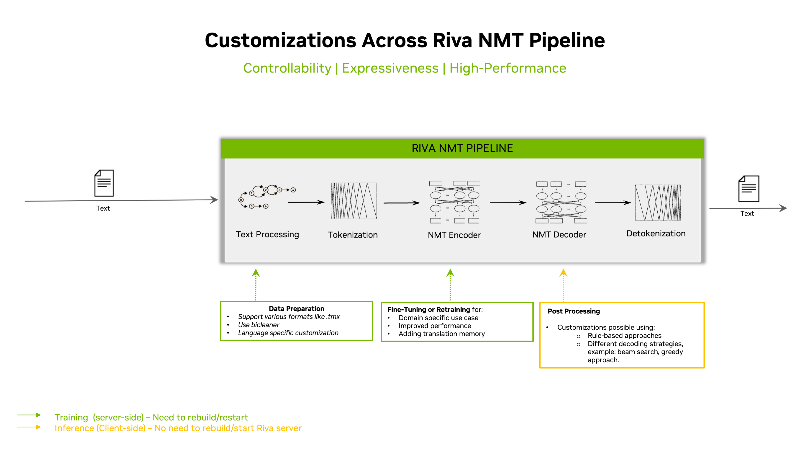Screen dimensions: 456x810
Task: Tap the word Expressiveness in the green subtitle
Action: [x=390, y=68]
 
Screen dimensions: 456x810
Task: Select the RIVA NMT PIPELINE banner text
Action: [x=462, y=148]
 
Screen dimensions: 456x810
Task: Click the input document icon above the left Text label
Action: [x=104, y=183]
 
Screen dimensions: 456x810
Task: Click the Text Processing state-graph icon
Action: [x=267, y=197]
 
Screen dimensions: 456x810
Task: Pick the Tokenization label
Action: [x=352, y=235]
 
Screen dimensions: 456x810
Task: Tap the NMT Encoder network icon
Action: [x=454, y=202]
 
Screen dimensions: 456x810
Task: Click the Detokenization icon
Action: [x=657, y=203]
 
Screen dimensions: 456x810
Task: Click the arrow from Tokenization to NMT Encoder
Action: [x=402, y=203]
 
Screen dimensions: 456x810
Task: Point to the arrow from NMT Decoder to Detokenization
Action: [x=613, y=203]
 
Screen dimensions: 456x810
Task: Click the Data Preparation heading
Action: [x=296, y=309]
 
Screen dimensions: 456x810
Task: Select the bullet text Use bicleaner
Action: [x=259, y=325]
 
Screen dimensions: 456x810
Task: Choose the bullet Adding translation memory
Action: [x=441, y=334]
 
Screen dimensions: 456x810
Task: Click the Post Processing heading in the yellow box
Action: [x=574, y=311]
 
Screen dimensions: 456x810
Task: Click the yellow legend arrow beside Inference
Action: [x=29, y=427]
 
